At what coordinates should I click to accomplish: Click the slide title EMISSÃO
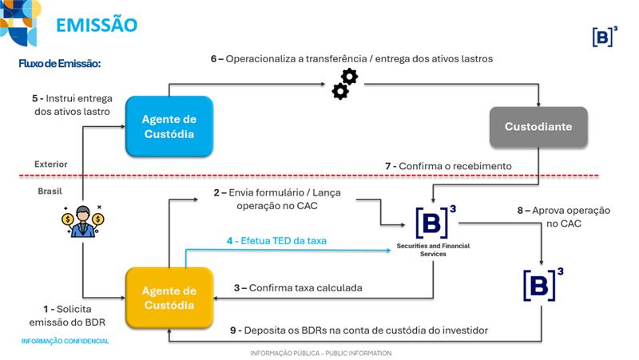97,25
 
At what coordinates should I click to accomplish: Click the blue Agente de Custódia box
169,126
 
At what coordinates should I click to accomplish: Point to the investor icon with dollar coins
83,223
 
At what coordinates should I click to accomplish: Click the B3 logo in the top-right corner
606,36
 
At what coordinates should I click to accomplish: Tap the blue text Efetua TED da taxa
276,240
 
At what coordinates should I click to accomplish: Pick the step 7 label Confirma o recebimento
448,166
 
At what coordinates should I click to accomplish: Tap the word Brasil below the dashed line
50,192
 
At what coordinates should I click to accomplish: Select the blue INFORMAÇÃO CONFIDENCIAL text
65,341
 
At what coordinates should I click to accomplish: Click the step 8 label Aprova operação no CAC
564,216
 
